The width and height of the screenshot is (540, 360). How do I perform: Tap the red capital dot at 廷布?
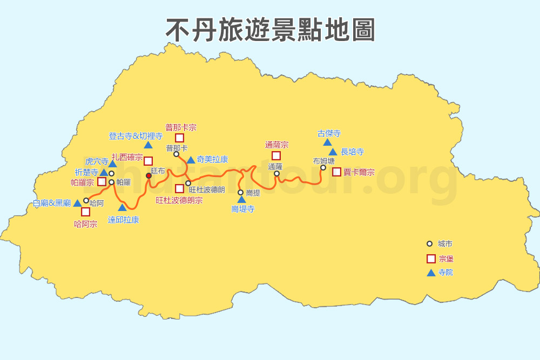coord(148,175)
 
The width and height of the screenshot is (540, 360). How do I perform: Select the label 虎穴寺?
coord(97,161)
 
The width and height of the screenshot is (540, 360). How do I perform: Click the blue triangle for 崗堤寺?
coord(241,200)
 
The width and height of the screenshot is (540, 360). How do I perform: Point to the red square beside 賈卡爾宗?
coord(336,172)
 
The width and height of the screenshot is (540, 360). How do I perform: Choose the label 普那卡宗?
coord(181,128)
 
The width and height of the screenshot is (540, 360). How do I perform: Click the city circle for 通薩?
coord(276,173)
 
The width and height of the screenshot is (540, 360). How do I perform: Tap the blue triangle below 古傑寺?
coord(327,142)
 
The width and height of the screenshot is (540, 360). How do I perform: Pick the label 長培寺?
coord(352,152)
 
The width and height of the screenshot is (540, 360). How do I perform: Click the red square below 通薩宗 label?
coord(276,156)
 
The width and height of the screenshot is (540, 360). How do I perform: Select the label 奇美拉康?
coord(212,159)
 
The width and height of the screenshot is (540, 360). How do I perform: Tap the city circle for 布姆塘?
coord(323,167)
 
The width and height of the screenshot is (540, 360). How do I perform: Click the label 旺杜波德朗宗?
coord(179,200)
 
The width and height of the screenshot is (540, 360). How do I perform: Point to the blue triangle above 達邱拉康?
coord(123,207)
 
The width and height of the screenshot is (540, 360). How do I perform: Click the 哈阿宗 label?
coord(85,224)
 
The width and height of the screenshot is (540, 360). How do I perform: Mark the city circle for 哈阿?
coord(86,201)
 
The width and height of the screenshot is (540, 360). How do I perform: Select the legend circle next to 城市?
coord(430,244)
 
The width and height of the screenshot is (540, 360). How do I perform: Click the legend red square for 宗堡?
coord(431,259)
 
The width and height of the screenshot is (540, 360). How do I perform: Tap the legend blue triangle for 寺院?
coord(431,273)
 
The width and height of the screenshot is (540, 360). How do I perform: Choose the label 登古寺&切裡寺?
coord(136,136)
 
